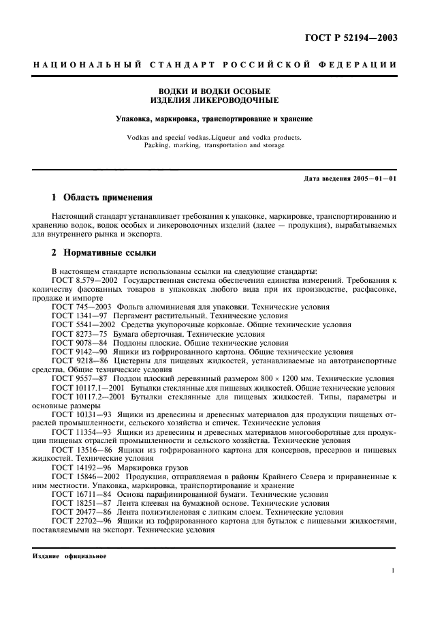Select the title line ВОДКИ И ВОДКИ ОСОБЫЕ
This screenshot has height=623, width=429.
tap(214, 91)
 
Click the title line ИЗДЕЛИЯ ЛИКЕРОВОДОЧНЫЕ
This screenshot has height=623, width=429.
tap(214, 100)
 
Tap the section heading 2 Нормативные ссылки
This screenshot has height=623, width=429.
tap(104, 252)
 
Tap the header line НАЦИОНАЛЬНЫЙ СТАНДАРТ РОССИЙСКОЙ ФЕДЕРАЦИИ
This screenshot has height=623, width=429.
tap(214, 65)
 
